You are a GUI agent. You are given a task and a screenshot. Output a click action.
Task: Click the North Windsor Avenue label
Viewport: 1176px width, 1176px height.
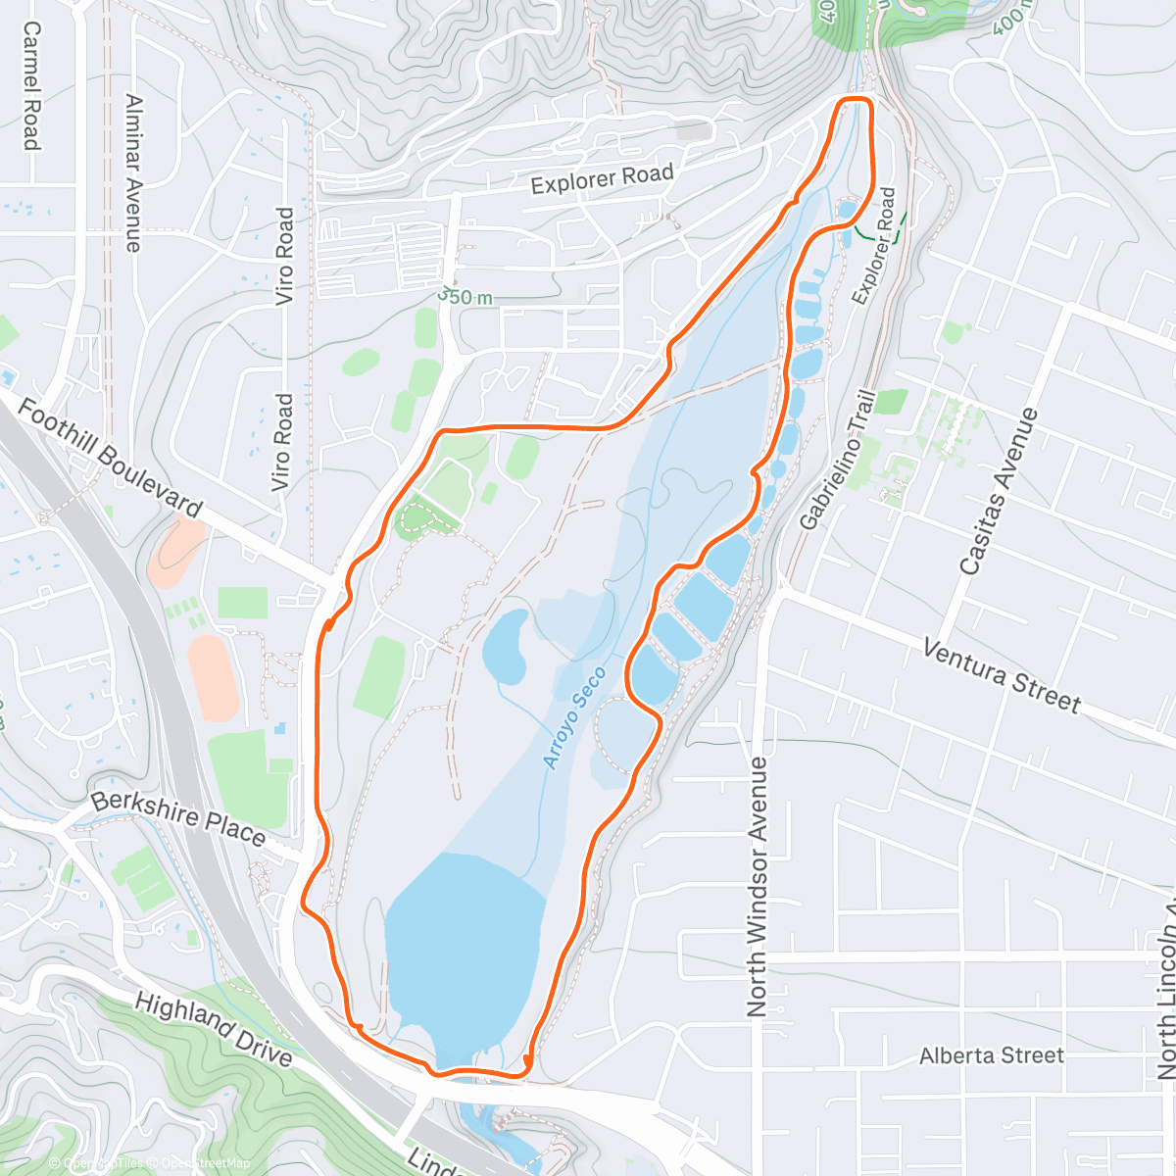click(x=758, y=872)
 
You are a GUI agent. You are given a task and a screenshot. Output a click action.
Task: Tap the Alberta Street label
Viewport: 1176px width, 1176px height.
click(x=991, y=1055)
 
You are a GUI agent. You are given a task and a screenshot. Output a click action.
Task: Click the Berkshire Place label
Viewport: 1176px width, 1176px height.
click(x=178, y=818)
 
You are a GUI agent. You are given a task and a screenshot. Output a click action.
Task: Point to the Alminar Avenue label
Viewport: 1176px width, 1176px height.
click(x=134, y=173)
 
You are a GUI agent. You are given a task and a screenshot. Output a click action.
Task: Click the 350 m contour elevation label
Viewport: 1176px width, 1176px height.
click(x=465, y=296)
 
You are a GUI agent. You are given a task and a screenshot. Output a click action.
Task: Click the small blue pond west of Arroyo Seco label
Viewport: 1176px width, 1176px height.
click(x=506, y=647)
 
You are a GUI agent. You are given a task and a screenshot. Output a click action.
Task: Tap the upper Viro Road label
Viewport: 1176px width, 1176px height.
click(x=284, y=256)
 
